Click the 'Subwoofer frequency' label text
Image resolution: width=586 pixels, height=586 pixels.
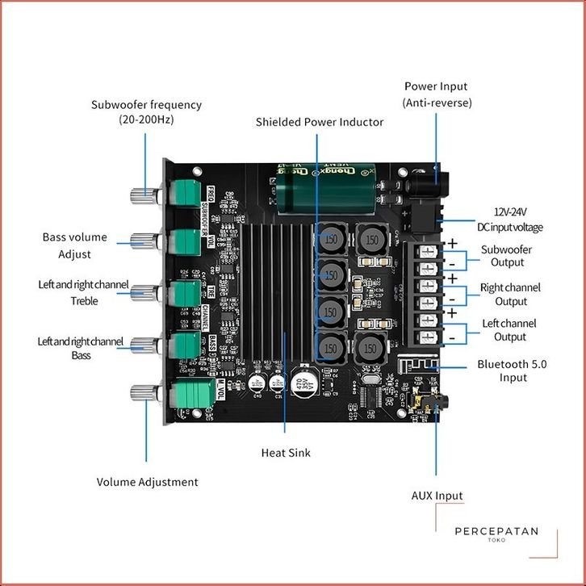tap(146, 105)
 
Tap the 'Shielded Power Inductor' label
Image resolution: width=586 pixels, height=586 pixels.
tap(320, 122)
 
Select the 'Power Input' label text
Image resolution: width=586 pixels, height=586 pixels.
tap(436, 86)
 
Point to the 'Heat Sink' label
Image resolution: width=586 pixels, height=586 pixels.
tap(286, 453)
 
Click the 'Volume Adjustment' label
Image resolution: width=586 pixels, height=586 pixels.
tap(147, 482)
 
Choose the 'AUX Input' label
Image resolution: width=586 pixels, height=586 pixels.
tap(437, 496)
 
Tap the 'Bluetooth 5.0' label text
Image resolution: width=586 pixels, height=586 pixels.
tap(512, 365)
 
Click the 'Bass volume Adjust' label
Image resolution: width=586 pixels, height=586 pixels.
tap(74, 245)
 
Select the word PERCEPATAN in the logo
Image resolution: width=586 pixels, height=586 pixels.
tap(496, 531)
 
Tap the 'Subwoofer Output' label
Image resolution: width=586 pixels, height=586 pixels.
tap(506, 256)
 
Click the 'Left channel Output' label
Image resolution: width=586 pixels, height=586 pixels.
tap(509, 329)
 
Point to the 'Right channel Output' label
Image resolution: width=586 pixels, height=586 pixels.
tap(510, 294)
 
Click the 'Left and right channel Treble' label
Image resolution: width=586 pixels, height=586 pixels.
tap(79, 292)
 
